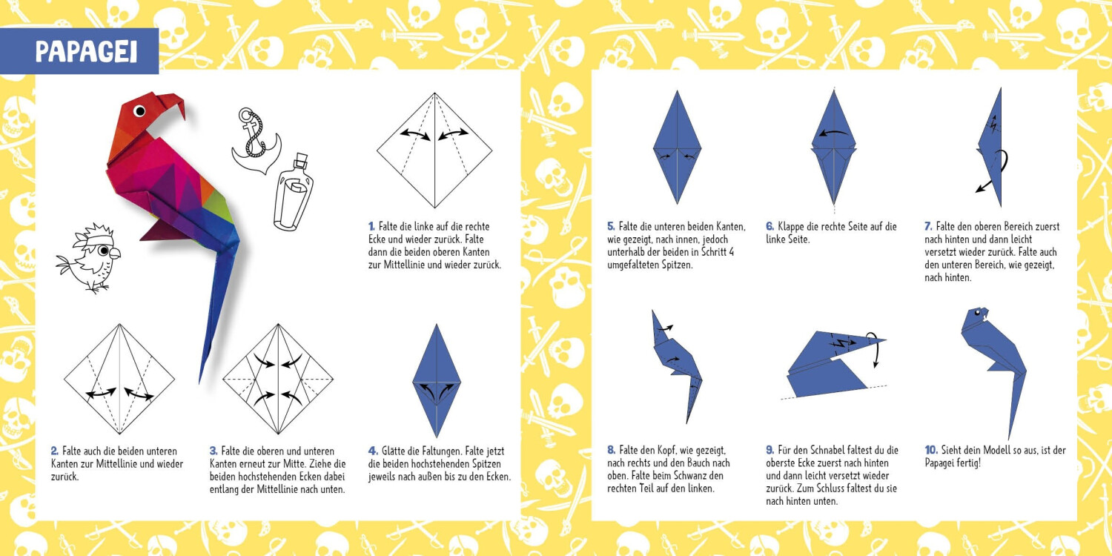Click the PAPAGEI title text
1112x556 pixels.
pyautogui.click(x=87, y=52)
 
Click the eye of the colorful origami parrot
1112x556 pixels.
pyautogui.click(x=139, y=110)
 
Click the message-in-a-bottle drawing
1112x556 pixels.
pyautogui.click(x=294, y=191)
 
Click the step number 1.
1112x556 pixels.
pyautogui.click(x=371, y=227)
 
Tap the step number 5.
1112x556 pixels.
pyautogui.click(x=611, y=227)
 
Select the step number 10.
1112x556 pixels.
pyautogui.click(x=931, y=450)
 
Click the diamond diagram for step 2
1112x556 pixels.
pyautogui.click(x=119, y=379)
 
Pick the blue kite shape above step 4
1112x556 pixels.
pyautogui.click(x=437, y=381)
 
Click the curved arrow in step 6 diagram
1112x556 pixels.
pyautogui.click(x=833, y=133)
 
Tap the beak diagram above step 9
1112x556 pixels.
pyautogui.click(x=833, y=365)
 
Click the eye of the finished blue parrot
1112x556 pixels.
pyautogui.click(x=977, y=313)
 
